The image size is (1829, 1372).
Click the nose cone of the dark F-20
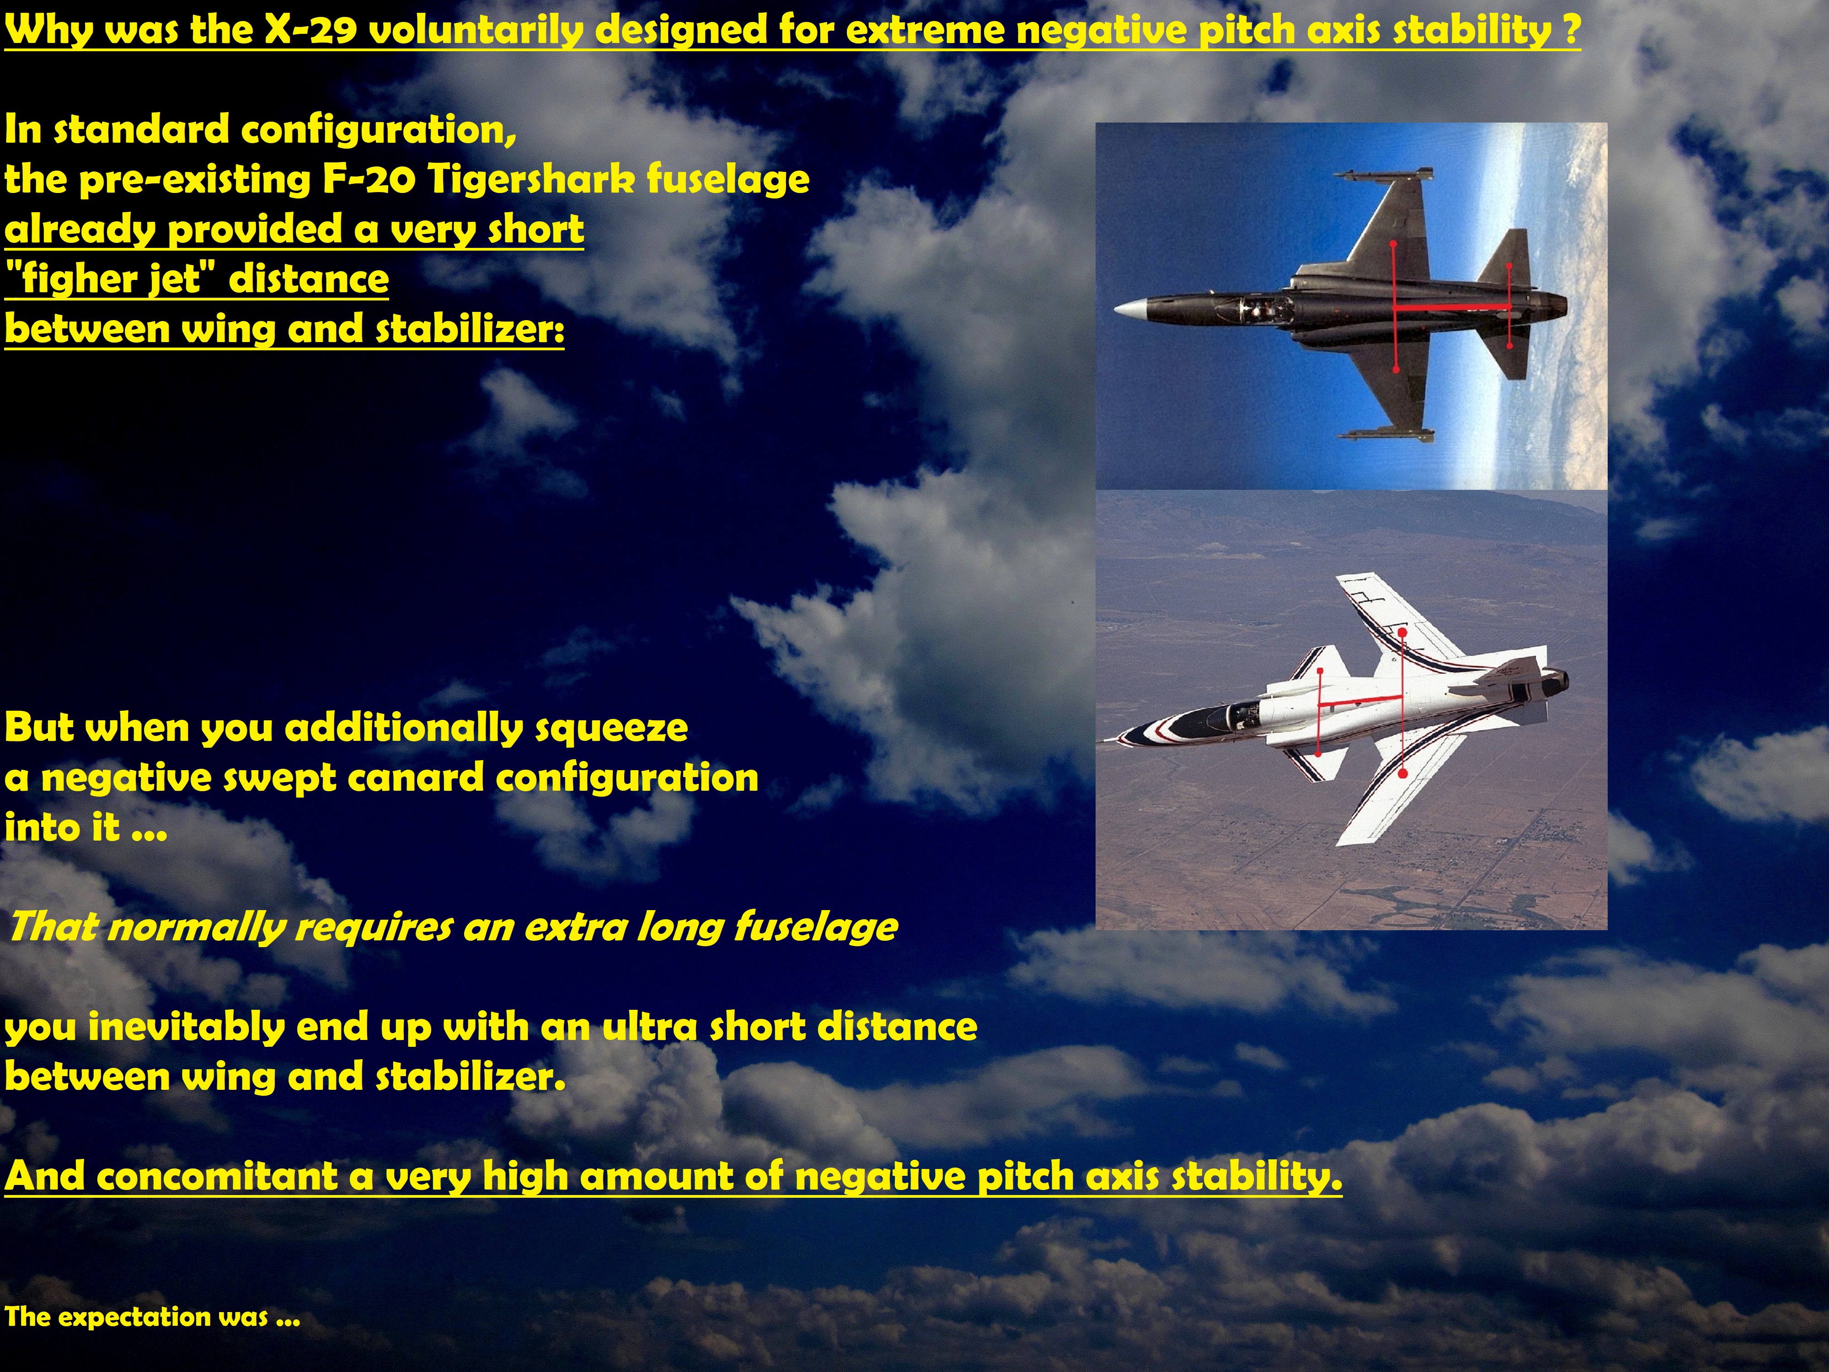[x=1128, y=309]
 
